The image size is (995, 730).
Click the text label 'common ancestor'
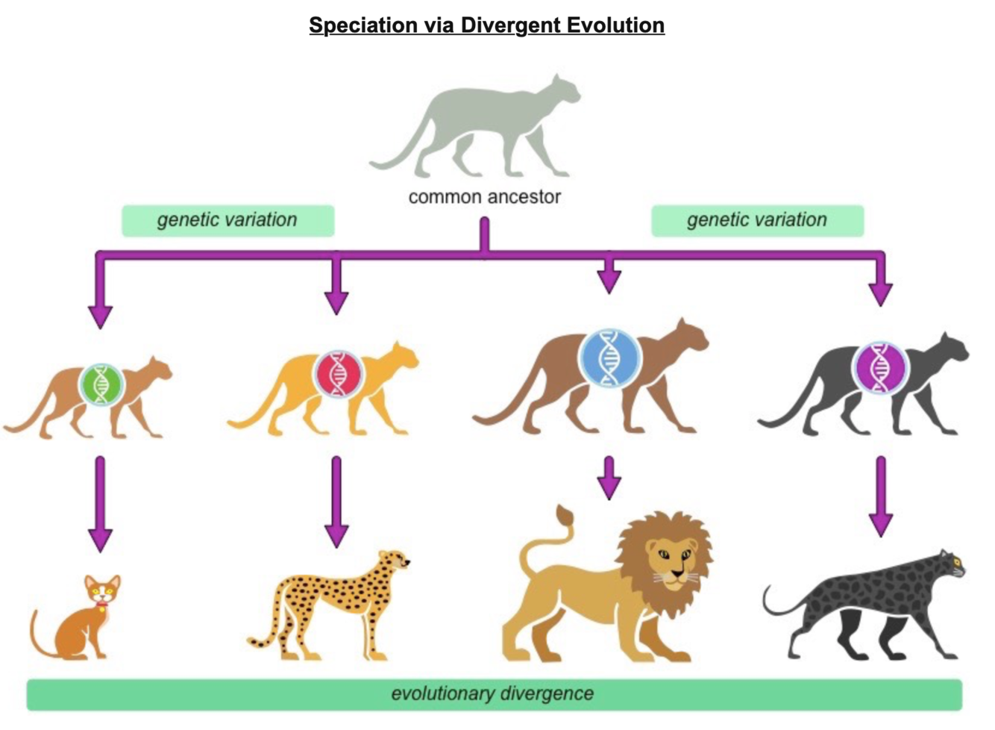(484, 197)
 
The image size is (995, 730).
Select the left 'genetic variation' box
(227, 220)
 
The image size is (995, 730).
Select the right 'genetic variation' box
(757, 220)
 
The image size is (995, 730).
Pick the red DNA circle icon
(339, 373)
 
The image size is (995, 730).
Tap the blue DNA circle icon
(610, 358)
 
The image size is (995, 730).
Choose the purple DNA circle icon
(881, 367)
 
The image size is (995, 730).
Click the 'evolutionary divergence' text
(492, 693)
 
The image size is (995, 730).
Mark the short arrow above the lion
(609, 478)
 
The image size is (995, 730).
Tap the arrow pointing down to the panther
(881, 496)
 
